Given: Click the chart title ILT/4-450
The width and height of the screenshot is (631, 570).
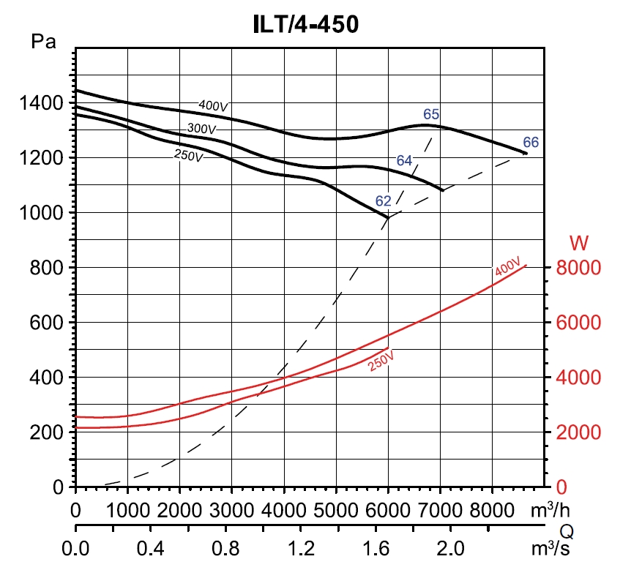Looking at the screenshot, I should coord(305,25).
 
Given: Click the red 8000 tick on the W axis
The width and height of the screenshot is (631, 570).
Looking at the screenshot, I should coord(578,268).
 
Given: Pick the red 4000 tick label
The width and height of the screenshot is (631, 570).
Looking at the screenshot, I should coord(578,378).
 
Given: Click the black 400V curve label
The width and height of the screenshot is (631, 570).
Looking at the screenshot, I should coord(214,106).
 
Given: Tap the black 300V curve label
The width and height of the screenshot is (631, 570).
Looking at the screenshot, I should coord(202,130).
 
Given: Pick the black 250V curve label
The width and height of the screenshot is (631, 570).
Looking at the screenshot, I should coord(189,155).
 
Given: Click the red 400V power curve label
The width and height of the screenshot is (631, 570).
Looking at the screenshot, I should coord(507,267).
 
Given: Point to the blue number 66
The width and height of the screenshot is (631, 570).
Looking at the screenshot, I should coord(531,142).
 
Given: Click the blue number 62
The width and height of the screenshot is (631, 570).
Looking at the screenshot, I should coord(384,200).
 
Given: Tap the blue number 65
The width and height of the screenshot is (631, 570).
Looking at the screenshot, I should coord(431,113).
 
